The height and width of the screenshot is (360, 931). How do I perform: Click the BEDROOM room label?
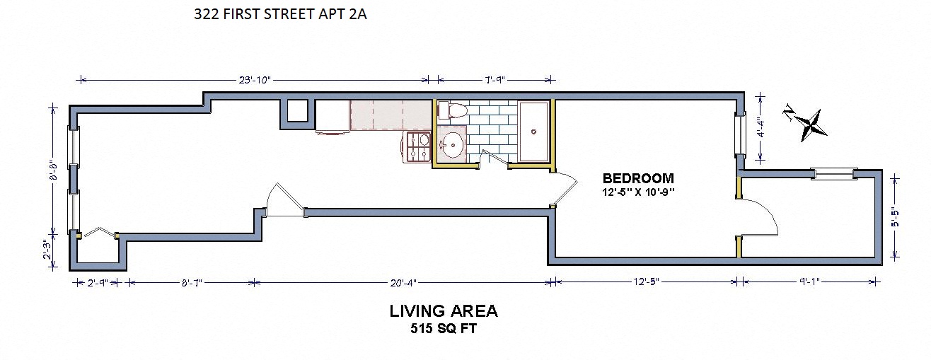pos(638,178)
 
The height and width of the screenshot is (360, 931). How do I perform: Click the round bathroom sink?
pos(451,146)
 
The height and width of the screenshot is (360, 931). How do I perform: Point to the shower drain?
pos(533,132)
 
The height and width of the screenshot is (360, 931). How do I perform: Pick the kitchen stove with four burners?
pos(418,147)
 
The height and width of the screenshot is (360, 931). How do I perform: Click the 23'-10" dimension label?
pos(255,80)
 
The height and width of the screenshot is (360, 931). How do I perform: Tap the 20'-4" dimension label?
pos(403,283)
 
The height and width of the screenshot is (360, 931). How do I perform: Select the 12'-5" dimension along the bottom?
pos(647,282)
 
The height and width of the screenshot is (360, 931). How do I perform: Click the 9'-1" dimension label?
pos(809,282)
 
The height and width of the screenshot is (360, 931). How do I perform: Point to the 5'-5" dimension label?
pos(895,217)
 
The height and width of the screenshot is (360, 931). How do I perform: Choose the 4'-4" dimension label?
pos(761,127)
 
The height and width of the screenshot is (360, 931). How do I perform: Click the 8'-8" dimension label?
pos(53,170)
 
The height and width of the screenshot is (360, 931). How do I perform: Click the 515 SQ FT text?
pos(444,329)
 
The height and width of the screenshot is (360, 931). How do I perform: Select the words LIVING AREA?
pos(444,311)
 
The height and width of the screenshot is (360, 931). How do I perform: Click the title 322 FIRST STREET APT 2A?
pos(280,15)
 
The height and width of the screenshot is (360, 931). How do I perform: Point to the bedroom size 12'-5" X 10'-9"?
pos(638,192)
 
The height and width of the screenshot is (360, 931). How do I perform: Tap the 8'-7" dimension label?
pos(192,283)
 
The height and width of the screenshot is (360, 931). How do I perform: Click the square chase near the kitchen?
pos(298,111)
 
